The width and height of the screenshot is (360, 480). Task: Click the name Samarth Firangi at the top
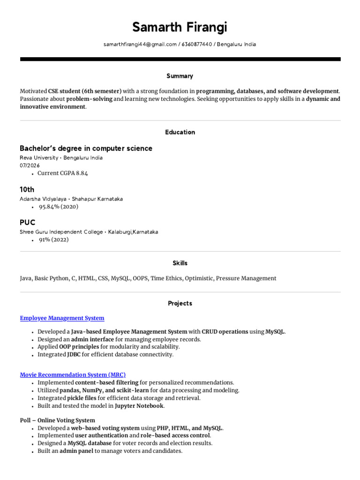(180, 28)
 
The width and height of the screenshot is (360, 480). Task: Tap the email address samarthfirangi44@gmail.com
(140, 45)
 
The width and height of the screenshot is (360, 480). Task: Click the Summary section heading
(180, 76)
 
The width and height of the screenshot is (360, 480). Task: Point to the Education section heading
(180, 132)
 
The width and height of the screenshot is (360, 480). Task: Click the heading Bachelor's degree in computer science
(86, 149)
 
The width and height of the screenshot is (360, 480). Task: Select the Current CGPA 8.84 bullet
(63, 173)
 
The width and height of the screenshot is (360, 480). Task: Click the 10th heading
(27, 189)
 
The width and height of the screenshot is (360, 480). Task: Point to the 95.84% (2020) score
(58, 207)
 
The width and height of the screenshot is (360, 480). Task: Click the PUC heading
(27, 222)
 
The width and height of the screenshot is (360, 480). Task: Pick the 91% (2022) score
(54, 240)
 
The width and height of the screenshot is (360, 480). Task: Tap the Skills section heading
(180, 263)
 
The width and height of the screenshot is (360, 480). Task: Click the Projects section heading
(180, 304)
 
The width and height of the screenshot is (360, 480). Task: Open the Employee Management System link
(62, 318)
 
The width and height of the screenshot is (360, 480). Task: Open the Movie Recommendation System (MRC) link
(73, 375)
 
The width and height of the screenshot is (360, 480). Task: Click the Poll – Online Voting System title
(57, 420)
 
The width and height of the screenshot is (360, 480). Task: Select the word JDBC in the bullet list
(73, 355)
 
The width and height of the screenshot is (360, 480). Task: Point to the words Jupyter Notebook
(139, 406)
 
